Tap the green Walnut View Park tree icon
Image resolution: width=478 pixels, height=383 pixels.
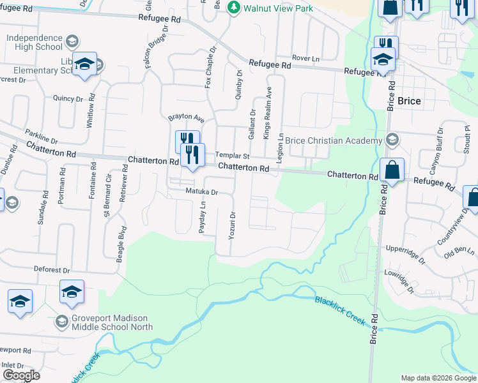coord(234,7)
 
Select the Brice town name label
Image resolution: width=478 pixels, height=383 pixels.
coord(409,101)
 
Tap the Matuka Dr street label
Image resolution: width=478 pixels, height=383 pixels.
coord(202,191)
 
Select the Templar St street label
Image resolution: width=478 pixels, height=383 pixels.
coord(231,155)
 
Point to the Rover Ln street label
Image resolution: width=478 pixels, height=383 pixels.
coord(305,58)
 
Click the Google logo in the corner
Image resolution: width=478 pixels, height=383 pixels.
coord(20,375)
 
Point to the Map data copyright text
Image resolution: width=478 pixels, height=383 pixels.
coord(438,378)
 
